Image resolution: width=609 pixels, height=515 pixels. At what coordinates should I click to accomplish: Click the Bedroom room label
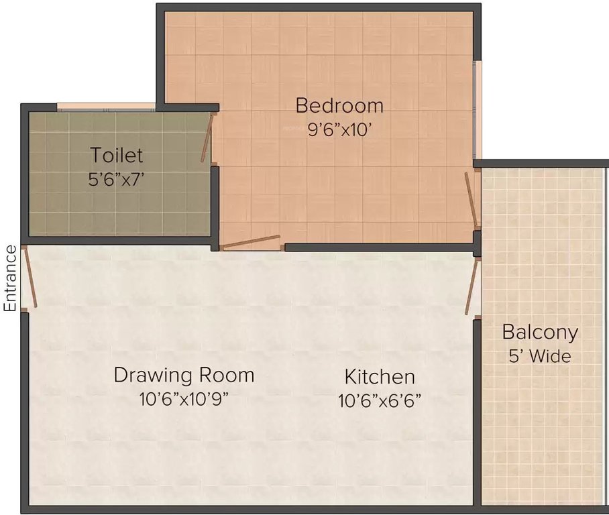(x=339, y=106)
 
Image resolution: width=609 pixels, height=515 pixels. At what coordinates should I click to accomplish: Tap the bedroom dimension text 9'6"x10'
(x=339, y=130)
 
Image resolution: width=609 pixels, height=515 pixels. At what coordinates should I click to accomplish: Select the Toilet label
(x=117, y=156)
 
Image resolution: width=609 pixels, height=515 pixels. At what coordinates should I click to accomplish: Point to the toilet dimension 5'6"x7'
(x=117, y=180)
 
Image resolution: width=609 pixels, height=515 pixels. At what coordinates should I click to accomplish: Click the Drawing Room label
(x=184, y=375)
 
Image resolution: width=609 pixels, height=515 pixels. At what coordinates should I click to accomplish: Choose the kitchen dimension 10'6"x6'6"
(x=380, y=400)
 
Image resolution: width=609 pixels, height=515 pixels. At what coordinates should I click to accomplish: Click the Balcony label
(x=540, y=332)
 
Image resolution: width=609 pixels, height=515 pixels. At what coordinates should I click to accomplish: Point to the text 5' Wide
(x=540, y=356)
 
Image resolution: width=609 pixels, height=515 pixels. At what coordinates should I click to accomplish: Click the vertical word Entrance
(x=10, y=278)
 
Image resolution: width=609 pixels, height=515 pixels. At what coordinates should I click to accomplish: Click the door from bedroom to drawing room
(x=251, y=242)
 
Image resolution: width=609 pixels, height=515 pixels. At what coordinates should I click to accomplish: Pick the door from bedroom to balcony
(x=472, y=200)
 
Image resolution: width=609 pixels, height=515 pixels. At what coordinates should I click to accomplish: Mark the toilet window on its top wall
(x=106, y=106)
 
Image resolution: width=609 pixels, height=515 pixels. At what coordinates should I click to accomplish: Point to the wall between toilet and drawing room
(x=117, y=240)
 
